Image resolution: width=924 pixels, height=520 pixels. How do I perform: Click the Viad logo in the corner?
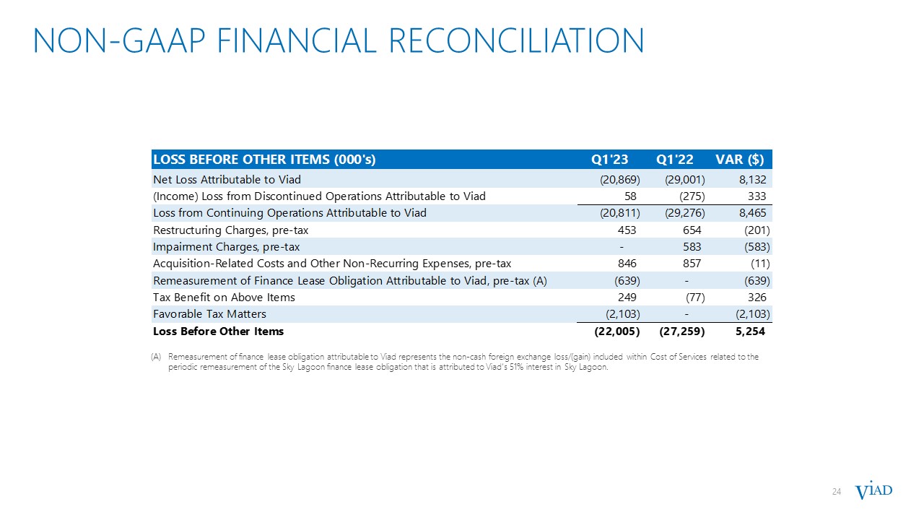pos(873,491)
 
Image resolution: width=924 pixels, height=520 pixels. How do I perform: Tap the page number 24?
pos(837,492)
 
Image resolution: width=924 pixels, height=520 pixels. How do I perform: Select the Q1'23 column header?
pos(610,160)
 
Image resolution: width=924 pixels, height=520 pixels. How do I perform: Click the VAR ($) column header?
pos(739,160)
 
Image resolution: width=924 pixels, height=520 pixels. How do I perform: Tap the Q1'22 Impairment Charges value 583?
pos(691,247)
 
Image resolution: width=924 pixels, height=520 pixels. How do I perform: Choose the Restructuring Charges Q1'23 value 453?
pos(626,230)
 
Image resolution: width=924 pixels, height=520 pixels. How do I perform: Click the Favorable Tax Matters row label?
pos(209,314)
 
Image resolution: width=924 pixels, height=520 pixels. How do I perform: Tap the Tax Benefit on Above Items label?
pos(224,298)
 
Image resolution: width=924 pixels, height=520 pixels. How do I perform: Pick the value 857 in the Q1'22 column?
pos(691,264)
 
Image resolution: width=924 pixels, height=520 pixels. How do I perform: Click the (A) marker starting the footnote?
pos(157,357)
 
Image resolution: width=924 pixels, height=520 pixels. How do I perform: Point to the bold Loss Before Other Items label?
pos(218,331)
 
